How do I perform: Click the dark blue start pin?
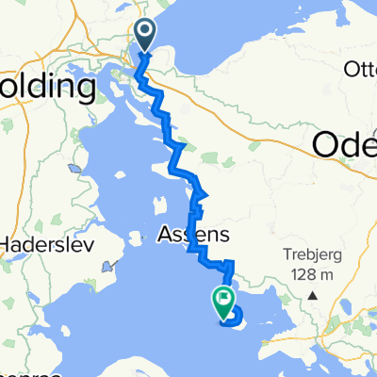click(146, 36)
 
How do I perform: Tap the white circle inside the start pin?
click(146, 32)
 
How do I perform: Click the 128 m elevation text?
click(311, 273)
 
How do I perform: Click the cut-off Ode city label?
click(344, 143)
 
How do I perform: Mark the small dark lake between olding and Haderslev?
click(74, 169)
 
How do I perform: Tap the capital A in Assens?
click(162, 233)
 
